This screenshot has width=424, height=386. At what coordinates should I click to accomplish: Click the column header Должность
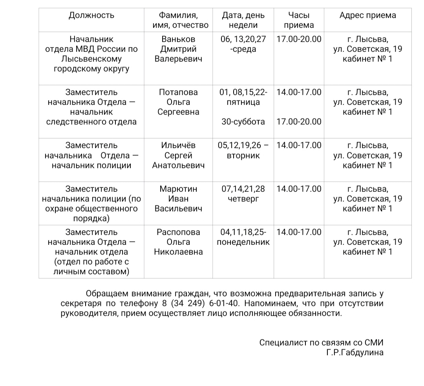(x=91, y=16)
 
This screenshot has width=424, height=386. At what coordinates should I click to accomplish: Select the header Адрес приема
(x=367, y=16)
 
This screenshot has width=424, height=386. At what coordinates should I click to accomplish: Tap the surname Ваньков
(x=178, y=39)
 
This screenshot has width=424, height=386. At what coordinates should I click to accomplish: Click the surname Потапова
(x=178, y=92)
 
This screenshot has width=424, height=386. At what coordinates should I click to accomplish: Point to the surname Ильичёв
(x=178, y=145)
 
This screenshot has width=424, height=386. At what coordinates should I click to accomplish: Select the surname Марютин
(x=178, y=189)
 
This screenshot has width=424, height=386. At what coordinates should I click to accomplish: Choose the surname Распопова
(x=178, y=232)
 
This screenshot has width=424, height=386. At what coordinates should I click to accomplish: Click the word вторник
(x=243, y=156)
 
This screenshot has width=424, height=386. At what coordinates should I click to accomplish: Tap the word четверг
(x=243, y=199)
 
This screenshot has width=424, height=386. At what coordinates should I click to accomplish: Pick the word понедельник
(x=243, y=242)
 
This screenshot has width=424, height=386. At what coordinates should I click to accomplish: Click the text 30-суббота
(x=243, y=122)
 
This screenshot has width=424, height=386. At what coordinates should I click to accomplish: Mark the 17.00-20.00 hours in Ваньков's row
(x=299, y=39)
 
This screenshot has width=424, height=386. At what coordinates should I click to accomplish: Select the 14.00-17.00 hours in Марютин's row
(x=299, y=189)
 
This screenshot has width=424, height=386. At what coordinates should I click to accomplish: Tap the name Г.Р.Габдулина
(x=355, y=353)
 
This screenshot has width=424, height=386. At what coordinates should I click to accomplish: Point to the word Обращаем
(x=106, y=294)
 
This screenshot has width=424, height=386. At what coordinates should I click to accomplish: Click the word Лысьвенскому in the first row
(x=91, y=59)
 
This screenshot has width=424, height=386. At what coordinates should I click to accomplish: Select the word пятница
(x=243, y=102)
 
